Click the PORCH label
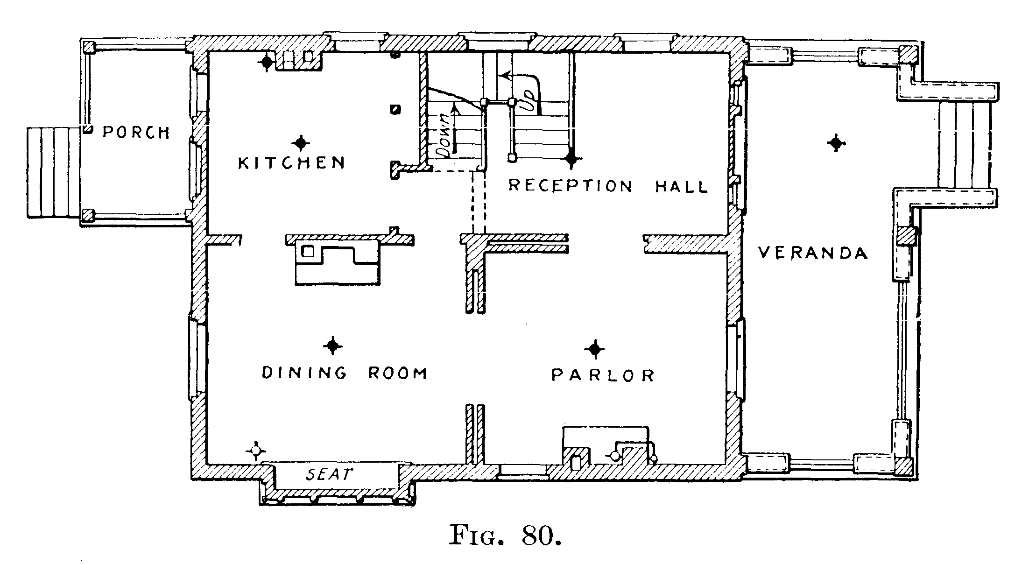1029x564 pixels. [x=136, y=133]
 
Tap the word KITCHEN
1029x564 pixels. [x=292, y=162]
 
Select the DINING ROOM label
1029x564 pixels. [x=345, y=373]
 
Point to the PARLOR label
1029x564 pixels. [x=603, y=375]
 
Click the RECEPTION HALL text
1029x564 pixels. [x=608, y=186]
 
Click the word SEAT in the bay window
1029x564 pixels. [x=328, y=475]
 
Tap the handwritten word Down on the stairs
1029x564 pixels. [x=443, y=135]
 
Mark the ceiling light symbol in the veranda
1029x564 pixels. [x=835, y=143]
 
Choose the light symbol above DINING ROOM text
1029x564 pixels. [x=332, y=346]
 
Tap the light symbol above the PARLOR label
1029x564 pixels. [x=595, y=349]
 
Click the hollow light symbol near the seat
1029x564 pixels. [x=255, y=451]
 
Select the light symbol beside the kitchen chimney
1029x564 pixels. [x=267, y=62]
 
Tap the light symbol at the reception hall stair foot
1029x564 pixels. [x=571, y=159]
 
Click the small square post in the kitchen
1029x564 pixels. [x=395, y=109]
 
